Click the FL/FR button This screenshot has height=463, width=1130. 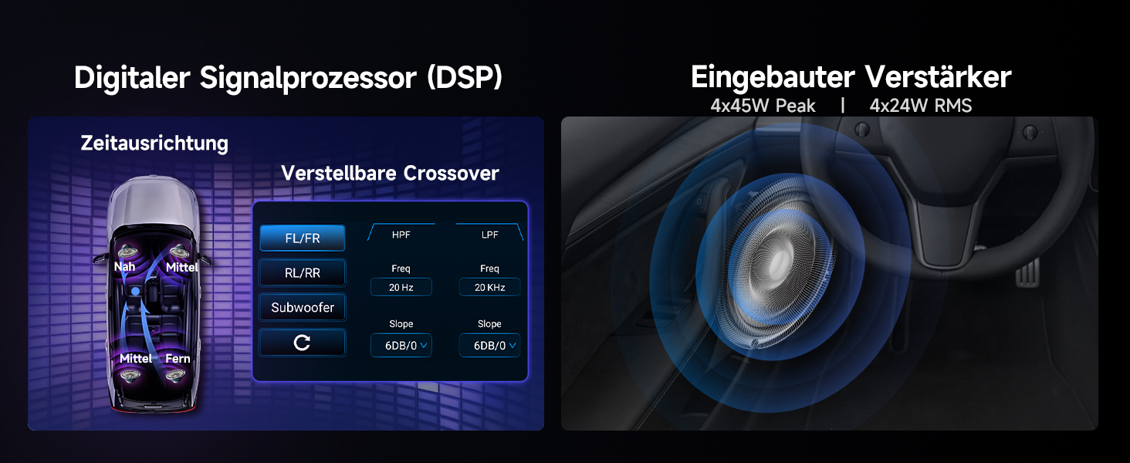(303, 238)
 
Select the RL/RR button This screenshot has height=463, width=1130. (303, 273)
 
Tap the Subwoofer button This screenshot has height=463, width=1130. (303, 307)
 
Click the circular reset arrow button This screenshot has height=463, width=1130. (303, 343)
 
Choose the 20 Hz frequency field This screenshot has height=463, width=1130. (401, 287)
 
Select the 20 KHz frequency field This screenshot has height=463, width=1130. (489, 287)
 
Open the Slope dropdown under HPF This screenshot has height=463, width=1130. (401, 345)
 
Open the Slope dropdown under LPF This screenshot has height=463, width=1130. (489, 345)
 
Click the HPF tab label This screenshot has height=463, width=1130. (401, 235)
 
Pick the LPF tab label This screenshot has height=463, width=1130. (489, 235)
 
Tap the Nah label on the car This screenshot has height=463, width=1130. (124, 267)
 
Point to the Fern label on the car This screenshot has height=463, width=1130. (178, 359)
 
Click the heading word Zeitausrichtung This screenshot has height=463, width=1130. (154, 144)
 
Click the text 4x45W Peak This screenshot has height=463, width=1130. (763, 106)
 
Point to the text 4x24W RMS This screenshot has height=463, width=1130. (920, 106)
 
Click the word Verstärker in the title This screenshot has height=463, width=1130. (938, 78)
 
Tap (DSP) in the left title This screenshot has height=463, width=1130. (465, 78)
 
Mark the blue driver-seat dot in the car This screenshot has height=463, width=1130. (135, 292)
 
